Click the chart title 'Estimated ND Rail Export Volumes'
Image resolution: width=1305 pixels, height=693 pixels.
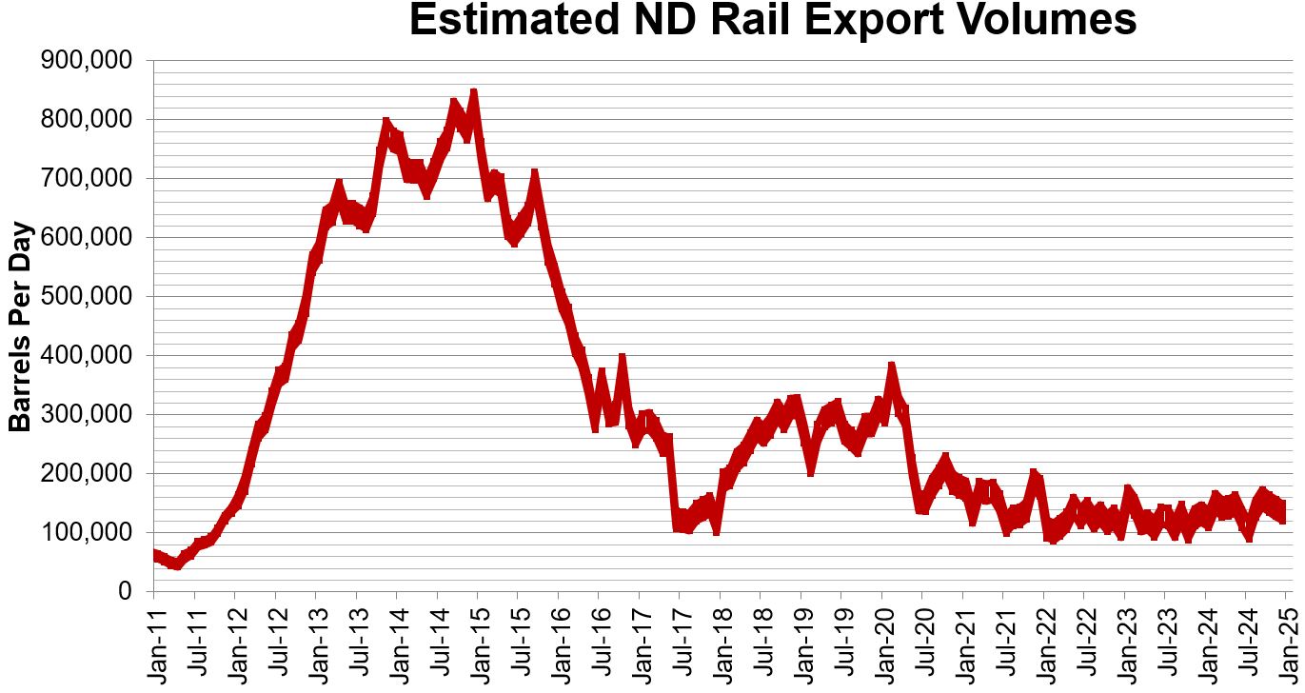772,21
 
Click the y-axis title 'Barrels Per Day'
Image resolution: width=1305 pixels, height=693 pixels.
21,327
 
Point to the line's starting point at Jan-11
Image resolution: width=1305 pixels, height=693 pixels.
154,554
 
